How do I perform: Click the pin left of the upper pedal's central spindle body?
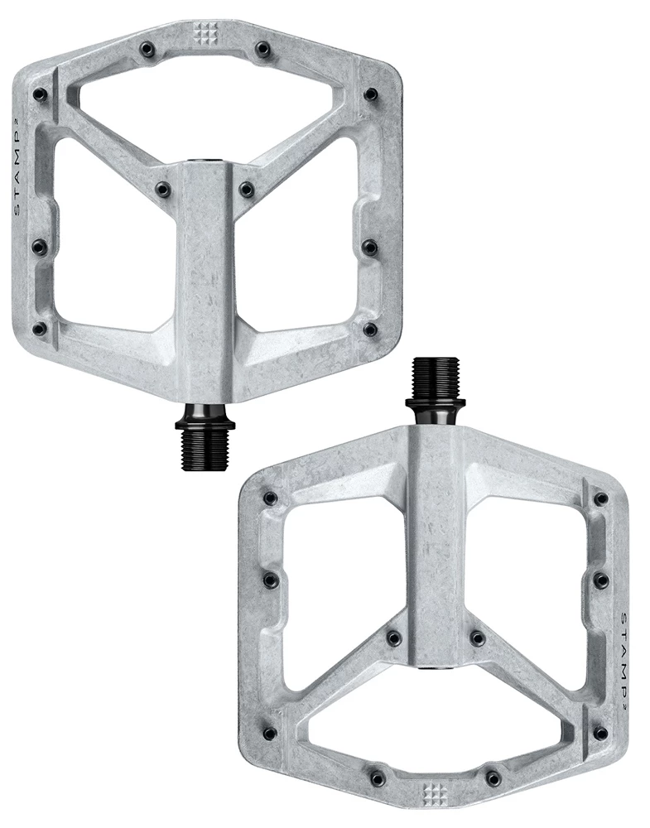coord(163,188)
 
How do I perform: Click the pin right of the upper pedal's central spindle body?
coord(246,189)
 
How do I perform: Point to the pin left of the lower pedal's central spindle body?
coord(393,638)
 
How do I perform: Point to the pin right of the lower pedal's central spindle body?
coord(477,638)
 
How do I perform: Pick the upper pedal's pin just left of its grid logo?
coord(147,50)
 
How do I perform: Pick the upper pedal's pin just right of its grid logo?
coord(262,49)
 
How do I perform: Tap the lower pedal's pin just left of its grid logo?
coord(378,779)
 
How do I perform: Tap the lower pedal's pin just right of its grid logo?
coord(494,778)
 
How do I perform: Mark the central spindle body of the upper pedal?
coord(205,273)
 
